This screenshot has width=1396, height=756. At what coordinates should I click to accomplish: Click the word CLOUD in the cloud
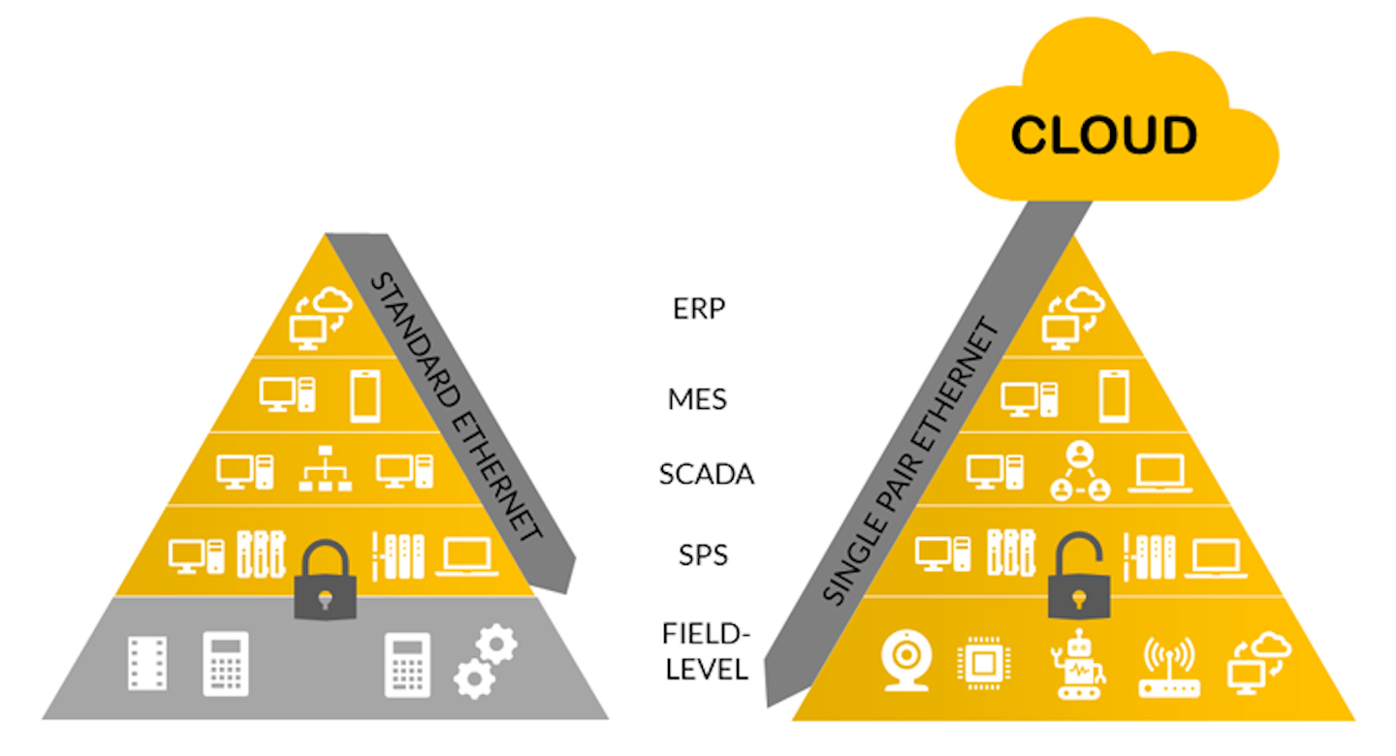click(x=1103, y=137)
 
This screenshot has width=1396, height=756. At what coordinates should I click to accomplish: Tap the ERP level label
click(x=699, y=308)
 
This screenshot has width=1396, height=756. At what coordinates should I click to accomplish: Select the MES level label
click(x=697, y=398)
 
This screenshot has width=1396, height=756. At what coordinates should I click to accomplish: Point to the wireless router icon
click(x=1167, y=666)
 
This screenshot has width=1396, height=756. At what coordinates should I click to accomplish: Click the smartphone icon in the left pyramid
click(x=365, y=395)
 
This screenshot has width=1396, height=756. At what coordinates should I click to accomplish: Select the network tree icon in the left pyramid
click(x=325, y=470)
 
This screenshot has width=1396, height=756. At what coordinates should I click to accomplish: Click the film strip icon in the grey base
click(x=147, y=664)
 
